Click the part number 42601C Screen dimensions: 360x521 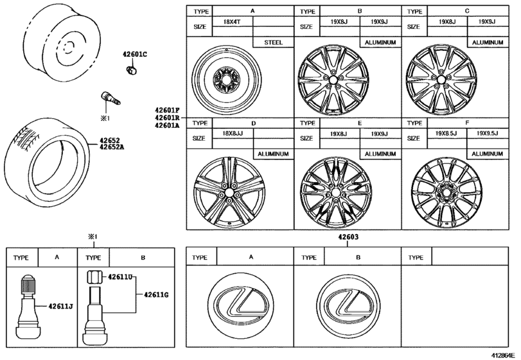[x=135, y=55]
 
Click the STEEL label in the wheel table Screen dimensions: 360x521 [x=274, y=42]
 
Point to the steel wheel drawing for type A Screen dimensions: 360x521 [x=239, y=82]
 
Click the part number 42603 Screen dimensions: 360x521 [x=348, y=237]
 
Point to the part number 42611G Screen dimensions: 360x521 [x=157, y=295]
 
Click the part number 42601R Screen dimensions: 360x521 [x=167, y=118]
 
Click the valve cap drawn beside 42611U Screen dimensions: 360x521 [x=93, y=278]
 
